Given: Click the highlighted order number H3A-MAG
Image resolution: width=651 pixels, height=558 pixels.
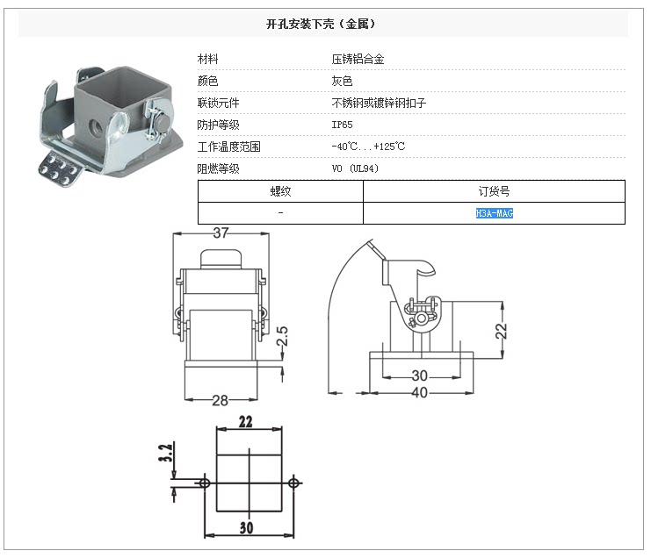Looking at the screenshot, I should point(494,213).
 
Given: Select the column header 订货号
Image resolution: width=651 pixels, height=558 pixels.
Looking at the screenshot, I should point(494,190).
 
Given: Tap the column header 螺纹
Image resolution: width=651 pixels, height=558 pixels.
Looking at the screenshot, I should point(280,190).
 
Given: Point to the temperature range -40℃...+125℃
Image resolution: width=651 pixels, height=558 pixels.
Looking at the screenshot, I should point(368,147).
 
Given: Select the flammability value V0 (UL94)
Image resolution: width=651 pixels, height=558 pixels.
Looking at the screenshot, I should point(355,168).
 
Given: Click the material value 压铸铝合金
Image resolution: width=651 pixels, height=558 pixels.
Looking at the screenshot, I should point(358,59).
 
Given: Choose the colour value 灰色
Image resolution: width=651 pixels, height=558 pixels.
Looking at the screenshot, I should point(342,81).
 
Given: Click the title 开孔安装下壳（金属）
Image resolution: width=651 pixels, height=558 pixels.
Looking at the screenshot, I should point(325,25).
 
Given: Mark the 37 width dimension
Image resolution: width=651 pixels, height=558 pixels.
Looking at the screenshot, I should point(221,232).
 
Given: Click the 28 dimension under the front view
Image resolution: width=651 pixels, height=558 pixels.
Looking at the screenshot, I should point(220,400).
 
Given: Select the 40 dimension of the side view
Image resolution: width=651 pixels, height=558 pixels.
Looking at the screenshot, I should point(420,392).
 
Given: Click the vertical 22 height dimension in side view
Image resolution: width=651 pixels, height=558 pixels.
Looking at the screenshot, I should point(501,331).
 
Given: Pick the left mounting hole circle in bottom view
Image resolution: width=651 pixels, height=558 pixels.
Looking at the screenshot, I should point(205,483).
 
